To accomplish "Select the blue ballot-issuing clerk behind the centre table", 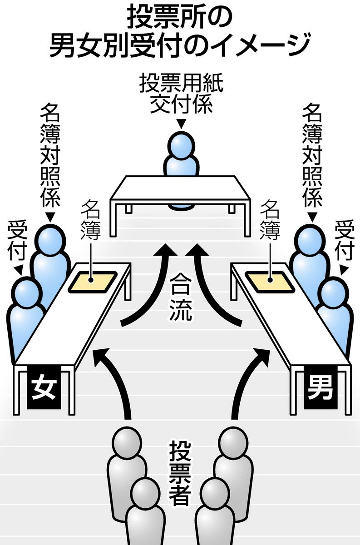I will tap(182, 154).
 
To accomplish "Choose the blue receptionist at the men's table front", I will tap(336, 309).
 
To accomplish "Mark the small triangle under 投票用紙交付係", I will tap(181, 123).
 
